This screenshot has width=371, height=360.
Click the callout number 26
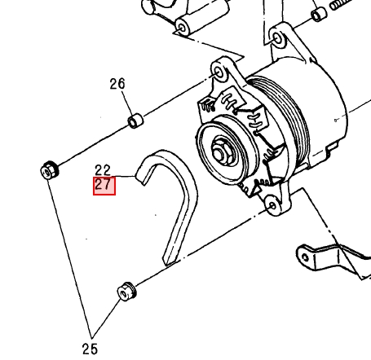[117, 84]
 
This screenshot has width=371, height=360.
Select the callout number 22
[103, 170]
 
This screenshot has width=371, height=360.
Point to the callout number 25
[90, 349]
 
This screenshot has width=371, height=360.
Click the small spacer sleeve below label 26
[135, 121]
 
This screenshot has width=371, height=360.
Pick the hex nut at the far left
[49, 170]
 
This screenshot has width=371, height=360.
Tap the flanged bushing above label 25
[126, 292]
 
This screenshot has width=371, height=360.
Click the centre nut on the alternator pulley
[221, 154]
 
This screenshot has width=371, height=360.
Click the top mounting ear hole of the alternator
[219, 72]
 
